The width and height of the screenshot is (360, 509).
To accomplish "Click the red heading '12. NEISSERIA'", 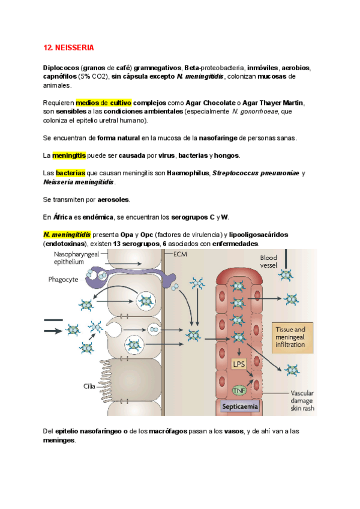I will pos(69,47).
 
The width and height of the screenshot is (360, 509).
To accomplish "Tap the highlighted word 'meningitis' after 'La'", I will pos(69,155).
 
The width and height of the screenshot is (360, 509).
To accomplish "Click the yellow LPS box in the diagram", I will pos(239,364).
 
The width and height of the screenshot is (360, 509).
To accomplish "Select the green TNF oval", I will pos(240,391).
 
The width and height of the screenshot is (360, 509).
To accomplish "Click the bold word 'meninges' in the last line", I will pos(59,440).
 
